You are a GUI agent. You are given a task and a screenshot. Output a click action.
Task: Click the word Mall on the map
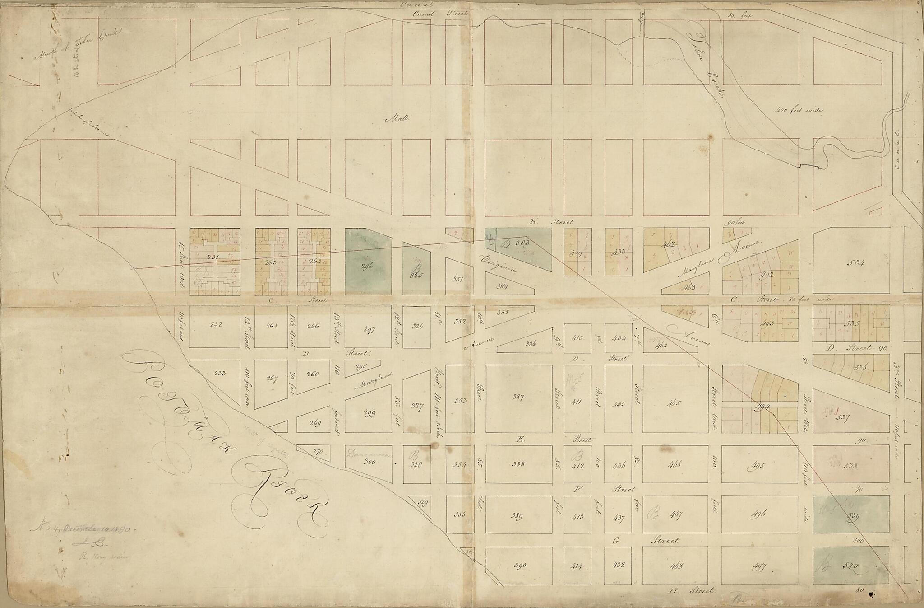click(397, 119)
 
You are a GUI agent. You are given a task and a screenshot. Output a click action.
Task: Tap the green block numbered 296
click(368, 267)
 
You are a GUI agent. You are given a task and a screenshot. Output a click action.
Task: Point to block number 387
click(518, 397)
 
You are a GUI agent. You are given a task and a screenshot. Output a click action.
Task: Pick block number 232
click(214, 324)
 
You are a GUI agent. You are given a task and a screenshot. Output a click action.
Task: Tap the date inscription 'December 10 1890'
click(86, 528)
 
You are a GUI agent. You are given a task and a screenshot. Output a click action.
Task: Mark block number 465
click(675, 403)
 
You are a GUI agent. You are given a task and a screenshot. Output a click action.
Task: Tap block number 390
click(518, 566)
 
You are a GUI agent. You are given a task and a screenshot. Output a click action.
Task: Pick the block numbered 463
click(688, 287)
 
